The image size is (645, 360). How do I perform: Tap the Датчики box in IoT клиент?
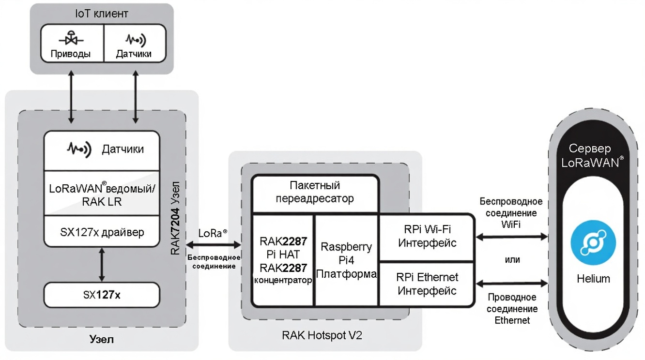point(133,46)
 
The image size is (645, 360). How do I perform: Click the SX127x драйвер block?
point(102,232)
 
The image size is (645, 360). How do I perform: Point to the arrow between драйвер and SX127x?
point(102,264)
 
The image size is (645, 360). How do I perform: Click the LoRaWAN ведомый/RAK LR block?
point(102,194)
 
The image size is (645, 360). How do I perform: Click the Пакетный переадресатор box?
point(315,192)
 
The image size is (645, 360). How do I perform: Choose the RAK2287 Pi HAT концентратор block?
point(283,259)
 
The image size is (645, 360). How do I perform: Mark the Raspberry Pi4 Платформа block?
point(346,259)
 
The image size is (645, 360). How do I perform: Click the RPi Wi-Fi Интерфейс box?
point(427,236)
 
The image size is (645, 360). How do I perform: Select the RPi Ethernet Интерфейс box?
point(427,285)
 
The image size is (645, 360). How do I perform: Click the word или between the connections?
point(513,260)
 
